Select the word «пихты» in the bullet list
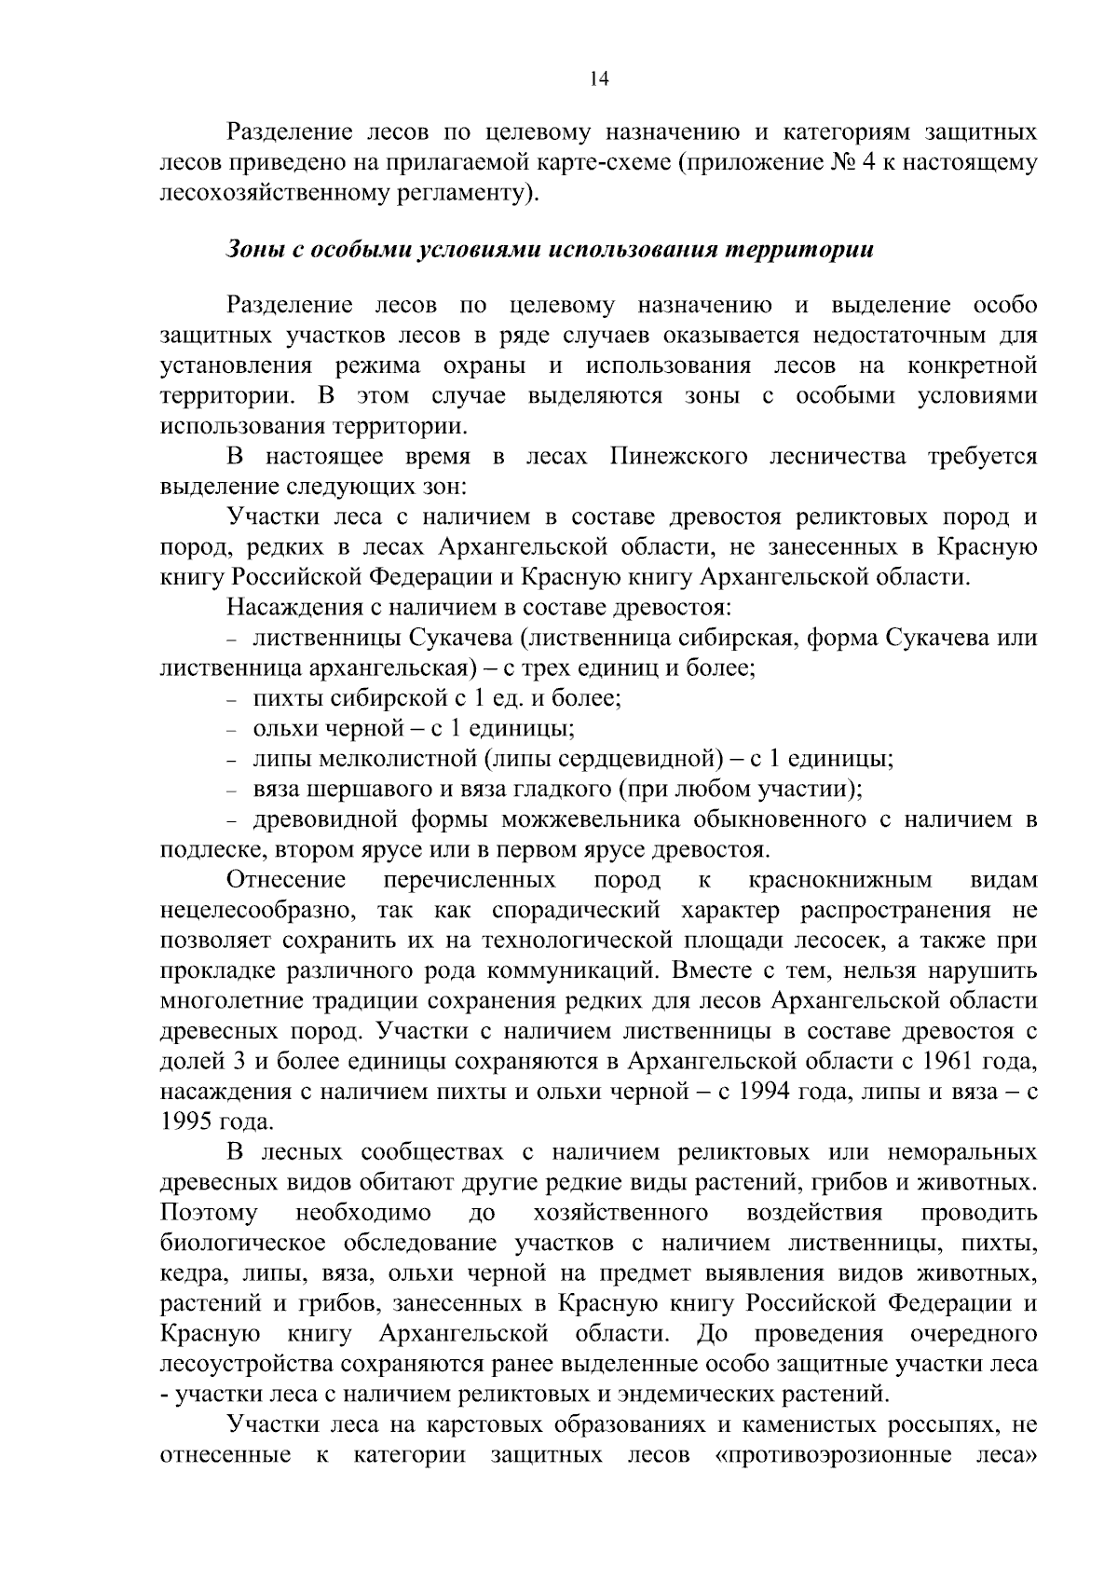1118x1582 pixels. pyautogui.click(x=285, y=698)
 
